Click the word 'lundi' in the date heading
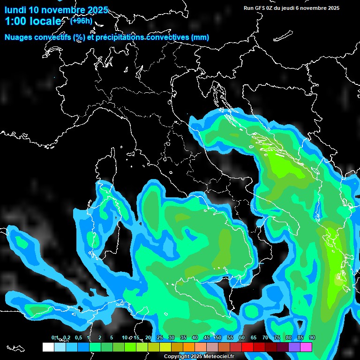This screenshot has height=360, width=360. tap(15, 10)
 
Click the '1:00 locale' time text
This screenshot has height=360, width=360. tap(33, 22)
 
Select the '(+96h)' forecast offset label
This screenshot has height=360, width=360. tap(81, 21)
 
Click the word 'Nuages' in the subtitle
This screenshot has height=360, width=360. tap(18, 37)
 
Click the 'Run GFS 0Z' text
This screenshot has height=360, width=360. tap(257, 8)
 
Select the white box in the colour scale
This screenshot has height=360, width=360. tap(48, 347)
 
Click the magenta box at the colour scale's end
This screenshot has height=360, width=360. tap(306, 347)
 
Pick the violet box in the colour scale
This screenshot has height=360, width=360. tap(294, 347)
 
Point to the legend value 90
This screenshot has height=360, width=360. tap(312, 338)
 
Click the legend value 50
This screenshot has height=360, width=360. tap(218, 338)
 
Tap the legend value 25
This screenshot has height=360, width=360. tap(159, 338)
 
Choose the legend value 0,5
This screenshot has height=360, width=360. tap(78, 338)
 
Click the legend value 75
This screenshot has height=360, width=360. tap(277, 338)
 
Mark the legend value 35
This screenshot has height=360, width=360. tap(183, 338)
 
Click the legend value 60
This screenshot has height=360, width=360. tap(242, 338)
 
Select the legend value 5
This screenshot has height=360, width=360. tap(112, 338)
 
